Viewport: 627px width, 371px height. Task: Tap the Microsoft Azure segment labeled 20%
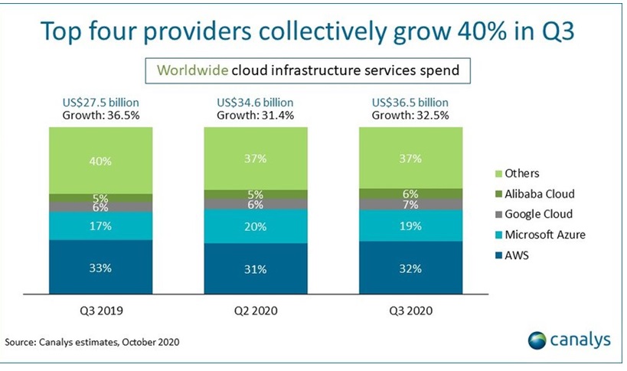(x=255, y=226)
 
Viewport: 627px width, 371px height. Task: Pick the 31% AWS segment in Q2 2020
(x=255, y=269)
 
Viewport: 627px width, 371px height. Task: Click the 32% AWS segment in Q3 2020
(x=411, y=268)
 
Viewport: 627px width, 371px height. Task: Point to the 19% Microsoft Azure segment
(x=411, y=226)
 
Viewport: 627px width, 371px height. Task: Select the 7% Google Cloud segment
(x=411, y=205)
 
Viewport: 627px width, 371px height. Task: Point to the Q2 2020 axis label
(x=255, y=312)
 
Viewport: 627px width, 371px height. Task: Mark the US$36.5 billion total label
(x=411, y=102)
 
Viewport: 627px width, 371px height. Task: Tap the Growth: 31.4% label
(x=255, y=116)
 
